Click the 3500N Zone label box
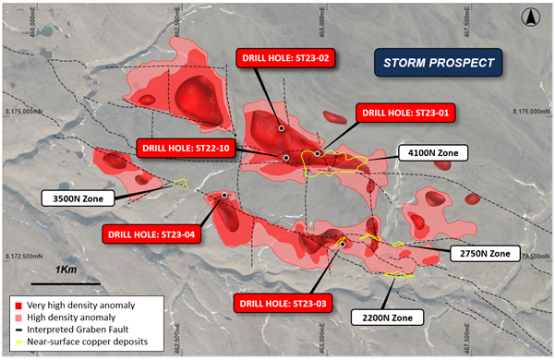78,197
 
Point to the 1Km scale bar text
66,269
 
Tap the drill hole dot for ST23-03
342,244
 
